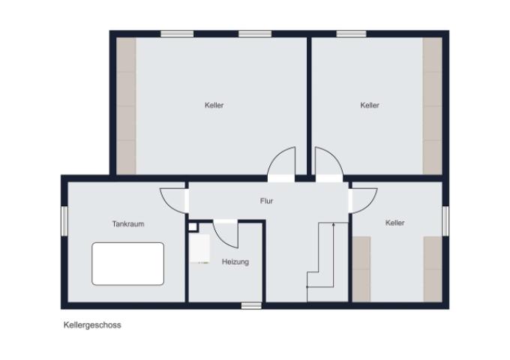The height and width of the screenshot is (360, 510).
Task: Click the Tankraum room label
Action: click(128, 224)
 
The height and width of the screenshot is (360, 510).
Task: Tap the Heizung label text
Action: click(235, 262)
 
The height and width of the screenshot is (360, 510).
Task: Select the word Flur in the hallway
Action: click(266, 201)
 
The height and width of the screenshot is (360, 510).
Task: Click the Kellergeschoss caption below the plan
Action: click(92, 325)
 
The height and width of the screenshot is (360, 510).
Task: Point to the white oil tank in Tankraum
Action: click(127, 264)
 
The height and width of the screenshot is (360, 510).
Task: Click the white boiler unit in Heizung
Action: click(199, 248)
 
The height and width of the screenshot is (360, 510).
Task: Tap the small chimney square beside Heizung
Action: click(193, 226)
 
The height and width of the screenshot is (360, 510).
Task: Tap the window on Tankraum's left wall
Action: click(64, 220)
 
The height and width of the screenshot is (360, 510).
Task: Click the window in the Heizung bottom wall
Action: click(251, 306)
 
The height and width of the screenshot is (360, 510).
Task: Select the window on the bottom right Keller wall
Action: click(445, 220)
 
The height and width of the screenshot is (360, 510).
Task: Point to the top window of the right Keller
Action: click(351, 34)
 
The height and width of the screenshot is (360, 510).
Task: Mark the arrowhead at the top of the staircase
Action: click(334, 223)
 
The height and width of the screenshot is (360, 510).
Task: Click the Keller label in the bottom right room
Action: click(394, 223)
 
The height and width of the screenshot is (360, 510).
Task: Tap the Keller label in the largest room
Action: click(214, 105)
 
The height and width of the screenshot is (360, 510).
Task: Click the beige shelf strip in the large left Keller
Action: click(126, 106)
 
